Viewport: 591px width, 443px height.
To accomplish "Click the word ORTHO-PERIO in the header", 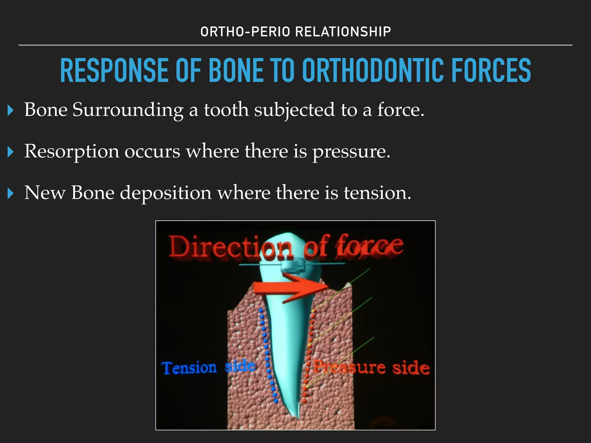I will pyautogui.click(x=245, y=32).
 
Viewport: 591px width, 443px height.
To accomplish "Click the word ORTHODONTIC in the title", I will pyautogui.click(x=373, y=70).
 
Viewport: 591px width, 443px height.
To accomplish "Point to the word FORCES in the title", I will pyautogui.click(x=491, y=70).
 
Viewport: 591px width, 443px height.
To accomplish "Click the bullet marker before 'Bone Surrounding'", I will pyautogui.click(x=11, y=110).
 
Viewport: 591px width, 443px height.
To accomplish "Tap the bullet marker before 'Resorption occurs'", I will pyautogui.click(x=11, y=152).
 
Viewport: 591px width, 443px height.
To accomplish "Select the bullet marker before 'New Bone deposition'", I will pyautogui.click(x=11, y=194).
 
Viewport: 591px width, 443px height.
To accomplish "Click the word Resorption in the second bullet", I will pyautogui.click(x=72, y=151).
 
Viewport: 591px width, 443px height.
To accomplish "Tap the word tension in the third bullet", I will pyautogui.click(x=377, y=193).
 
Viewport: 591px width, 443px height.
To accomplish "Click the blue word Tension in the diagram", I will pyautogui.click(x=189, y=368).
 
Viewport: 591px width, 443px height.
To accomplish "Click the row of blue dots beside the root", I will pyautogui.click(x=267, y=355).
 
